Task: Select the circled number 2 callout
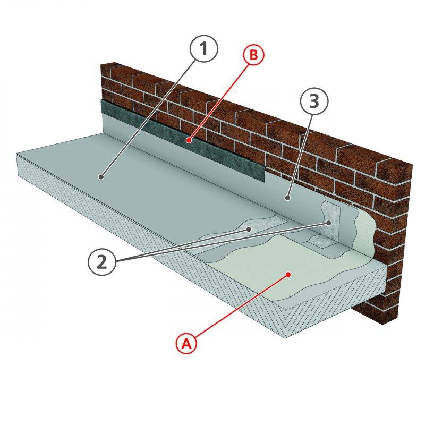coord(101,262)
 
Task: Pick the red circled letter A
coord(186,344)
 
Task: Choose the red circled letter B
coord(253,55)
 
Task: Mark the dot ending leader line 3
coord(287,198)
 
